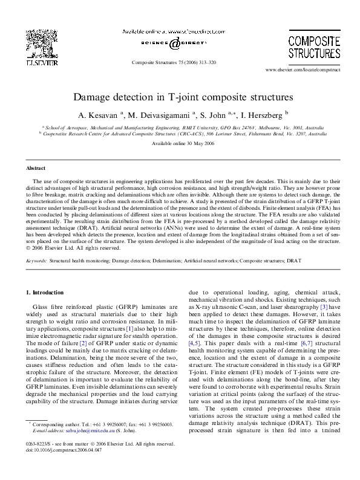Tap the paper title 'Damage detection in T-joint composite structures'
pos(180,96)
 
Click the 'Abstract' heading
pos(35,167)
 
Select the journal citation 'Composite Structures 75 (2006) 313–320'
pos(174,62)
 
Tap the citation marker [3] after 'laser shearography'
pos(324,325)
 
